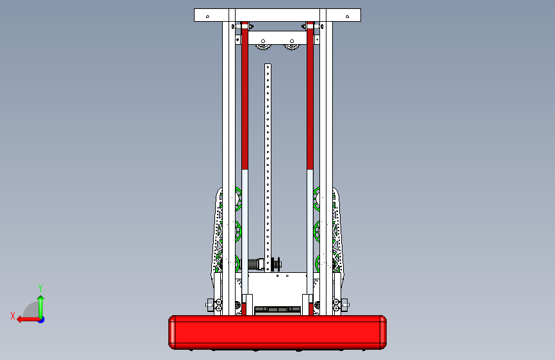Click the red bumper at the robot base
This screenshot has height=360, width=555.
pos(278,332)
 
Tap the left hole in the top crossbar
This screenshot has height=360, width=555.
pos(208,17)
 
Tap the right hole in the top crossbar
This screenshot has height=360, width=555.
pos(347,17)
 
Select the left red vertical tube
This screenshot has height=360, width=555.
pos(245,95)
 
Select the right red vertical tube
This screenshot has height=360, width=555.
pos(310,95)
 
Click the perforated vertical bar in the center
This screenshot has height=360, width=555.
pos(268,168)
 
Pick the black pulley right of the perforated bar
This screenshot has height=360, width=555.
pos(277,264)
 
